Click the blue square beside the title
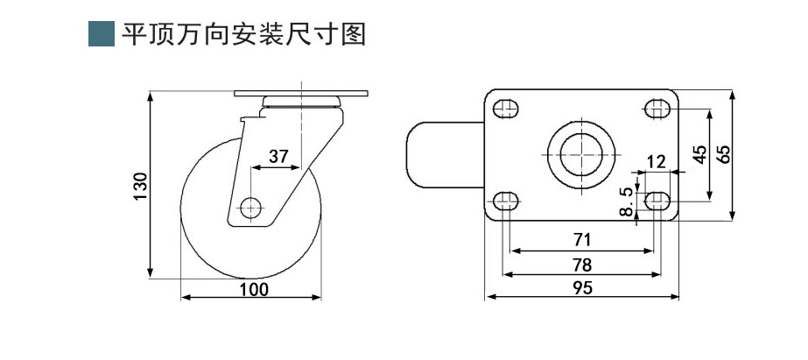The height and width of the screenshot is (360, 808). (102, 33)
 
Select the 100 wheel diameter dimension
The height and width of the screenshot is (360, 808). (254, 289)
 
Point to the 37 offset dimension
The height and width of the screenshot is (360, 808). (278, 157)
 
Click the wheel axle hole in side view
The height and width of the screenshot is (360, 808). (251, 208)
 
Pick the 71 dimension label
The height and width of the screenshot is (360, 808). (583, 239)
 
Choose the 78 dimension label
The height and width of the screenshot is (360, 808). (583, 263)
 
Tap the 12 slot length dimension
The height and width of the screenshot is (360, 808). (656, 161)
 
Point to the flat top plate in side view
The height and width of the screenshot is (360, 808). (301, 93)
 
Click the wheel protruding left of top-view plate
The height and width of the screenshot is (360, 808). (443, 155)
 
